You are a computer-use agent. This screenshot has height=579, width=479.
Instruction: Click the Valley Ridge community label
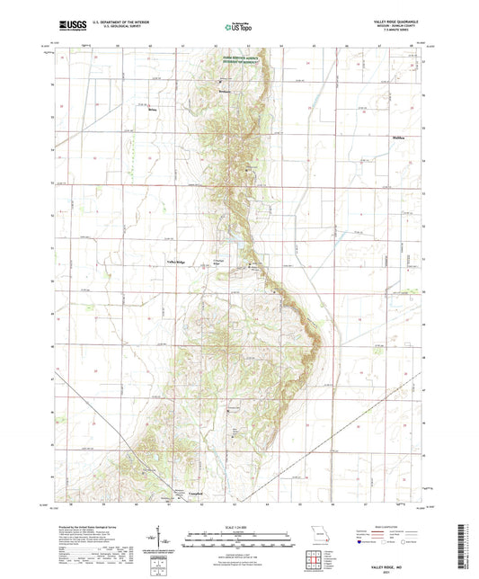[x=175, y=263]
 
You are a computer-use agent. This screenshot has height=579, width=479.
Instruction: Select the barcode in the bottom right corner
[x=466, y=548]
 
